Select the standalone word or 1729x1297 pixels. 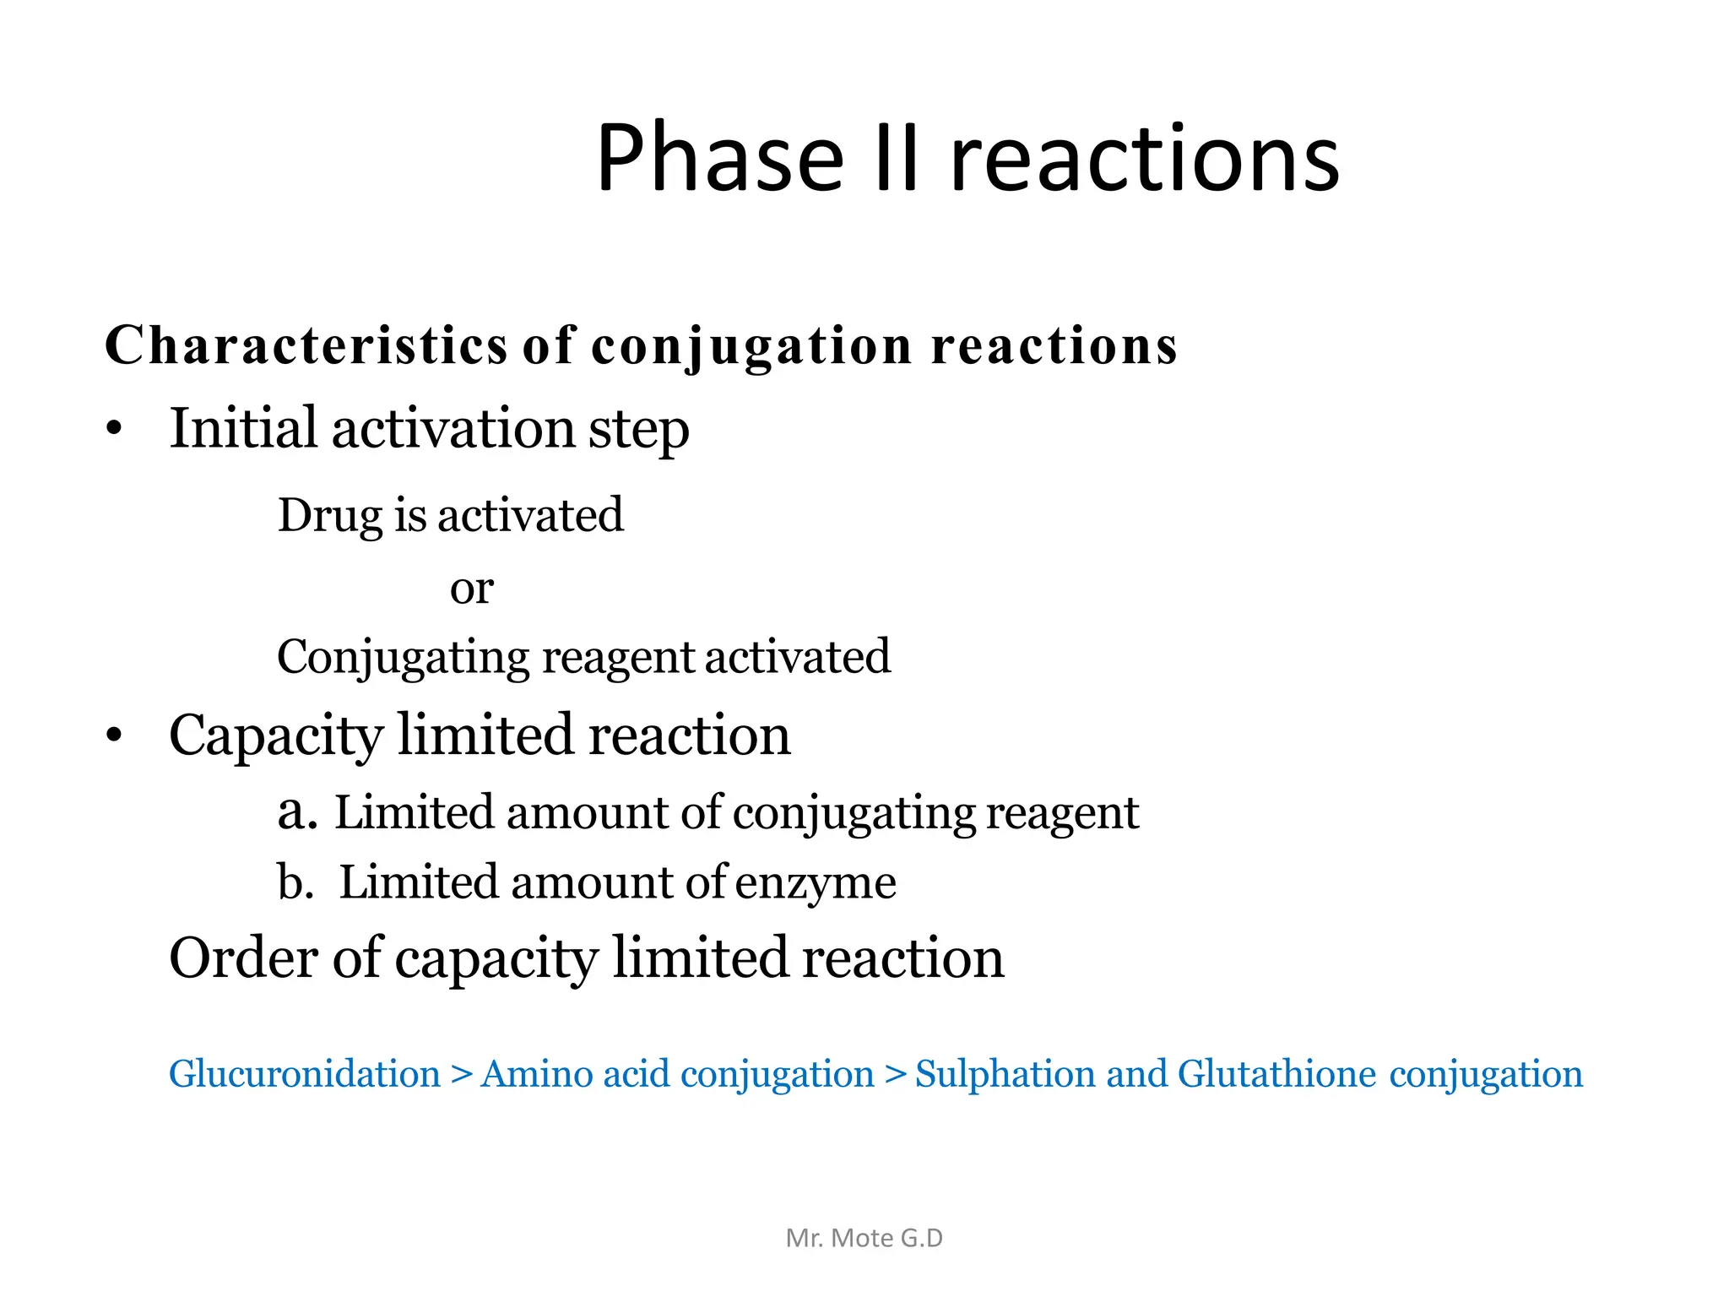coord(471,588)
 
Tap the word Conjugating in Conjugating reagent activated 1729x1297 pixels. coord(402,658)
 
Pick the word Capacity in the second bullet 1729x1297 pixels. coord(276,735)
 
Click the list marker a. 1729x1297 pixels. coord(296,812)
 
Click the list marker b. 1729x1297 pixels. coord(295,882)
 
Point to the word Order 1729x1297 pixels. coord(243,958)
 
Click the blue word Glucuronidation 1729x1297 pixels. coord(305,1074)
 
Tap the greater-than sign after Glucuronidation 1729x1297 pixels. coord(461,1075)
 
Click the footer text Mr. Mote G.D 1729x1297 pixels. coord(864,1238)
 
